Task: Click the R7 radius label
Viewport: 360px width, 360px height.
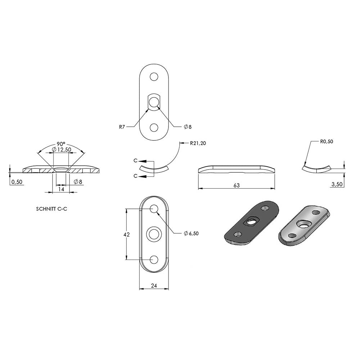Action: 122,127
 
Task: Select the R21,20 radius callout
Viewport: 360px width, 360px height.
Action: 198,143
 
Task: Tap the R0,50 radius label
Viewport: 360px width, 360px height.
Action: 327,141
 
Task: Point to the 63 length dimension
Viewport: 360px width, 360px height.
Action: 237,185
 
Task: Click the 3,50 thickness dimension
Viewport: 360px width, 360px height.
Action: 337,184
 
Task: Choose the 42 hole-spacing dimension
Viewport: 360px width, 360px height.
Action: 126,234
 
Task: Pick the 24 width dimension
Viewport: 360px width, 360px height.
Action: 154,285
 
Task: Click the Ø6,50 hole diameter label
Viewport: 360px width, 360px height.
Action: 191,234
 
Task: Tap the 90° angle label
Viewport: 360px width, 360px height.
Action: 61,144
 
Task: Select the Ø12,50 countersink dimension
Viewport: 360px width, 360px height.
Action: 62,150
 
